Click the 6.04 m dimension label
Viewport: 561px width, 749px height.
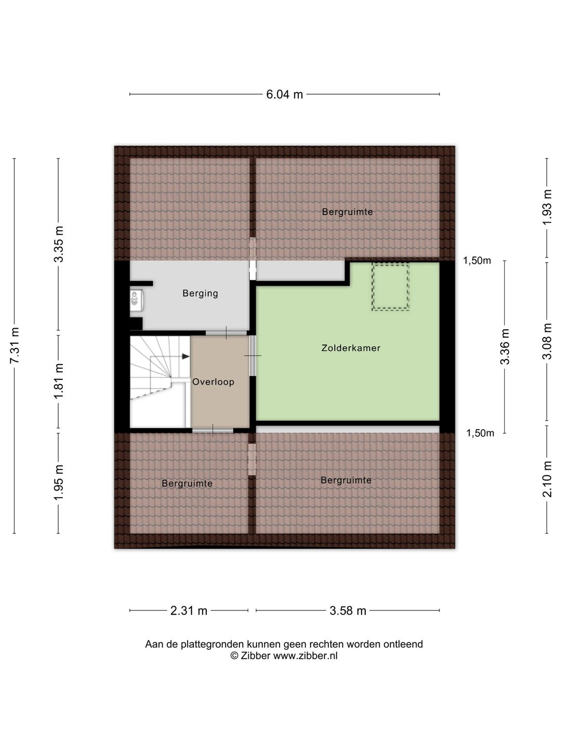coord(285,95)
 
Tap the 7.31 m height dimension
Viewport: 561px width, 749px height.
coord(15,345)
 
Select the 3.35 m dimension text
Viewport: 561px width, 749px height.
coord(59,243)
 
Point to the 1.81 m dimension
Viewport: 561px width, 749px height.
coord(59,381)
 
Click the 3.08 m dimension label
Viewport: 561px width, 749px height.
coord(547,341)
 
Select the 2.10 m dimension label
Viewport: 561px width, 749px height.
coord(547,479)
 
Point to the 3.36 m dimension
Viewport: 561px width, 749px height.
coord(505,346)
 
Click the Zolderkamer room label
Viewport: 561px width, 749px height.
coord(351,348)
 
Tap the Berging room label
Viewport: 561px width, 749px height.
coord(201,293)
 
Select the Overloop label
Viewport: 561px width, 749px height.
coord(213,381)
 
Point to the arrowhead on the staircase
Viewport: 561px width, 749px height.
coord(185,356)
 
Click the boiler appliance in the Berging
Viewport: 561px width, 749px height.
coord(136,300)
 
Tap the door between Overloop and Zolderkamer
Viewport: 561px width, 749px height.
coord(253,356)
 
